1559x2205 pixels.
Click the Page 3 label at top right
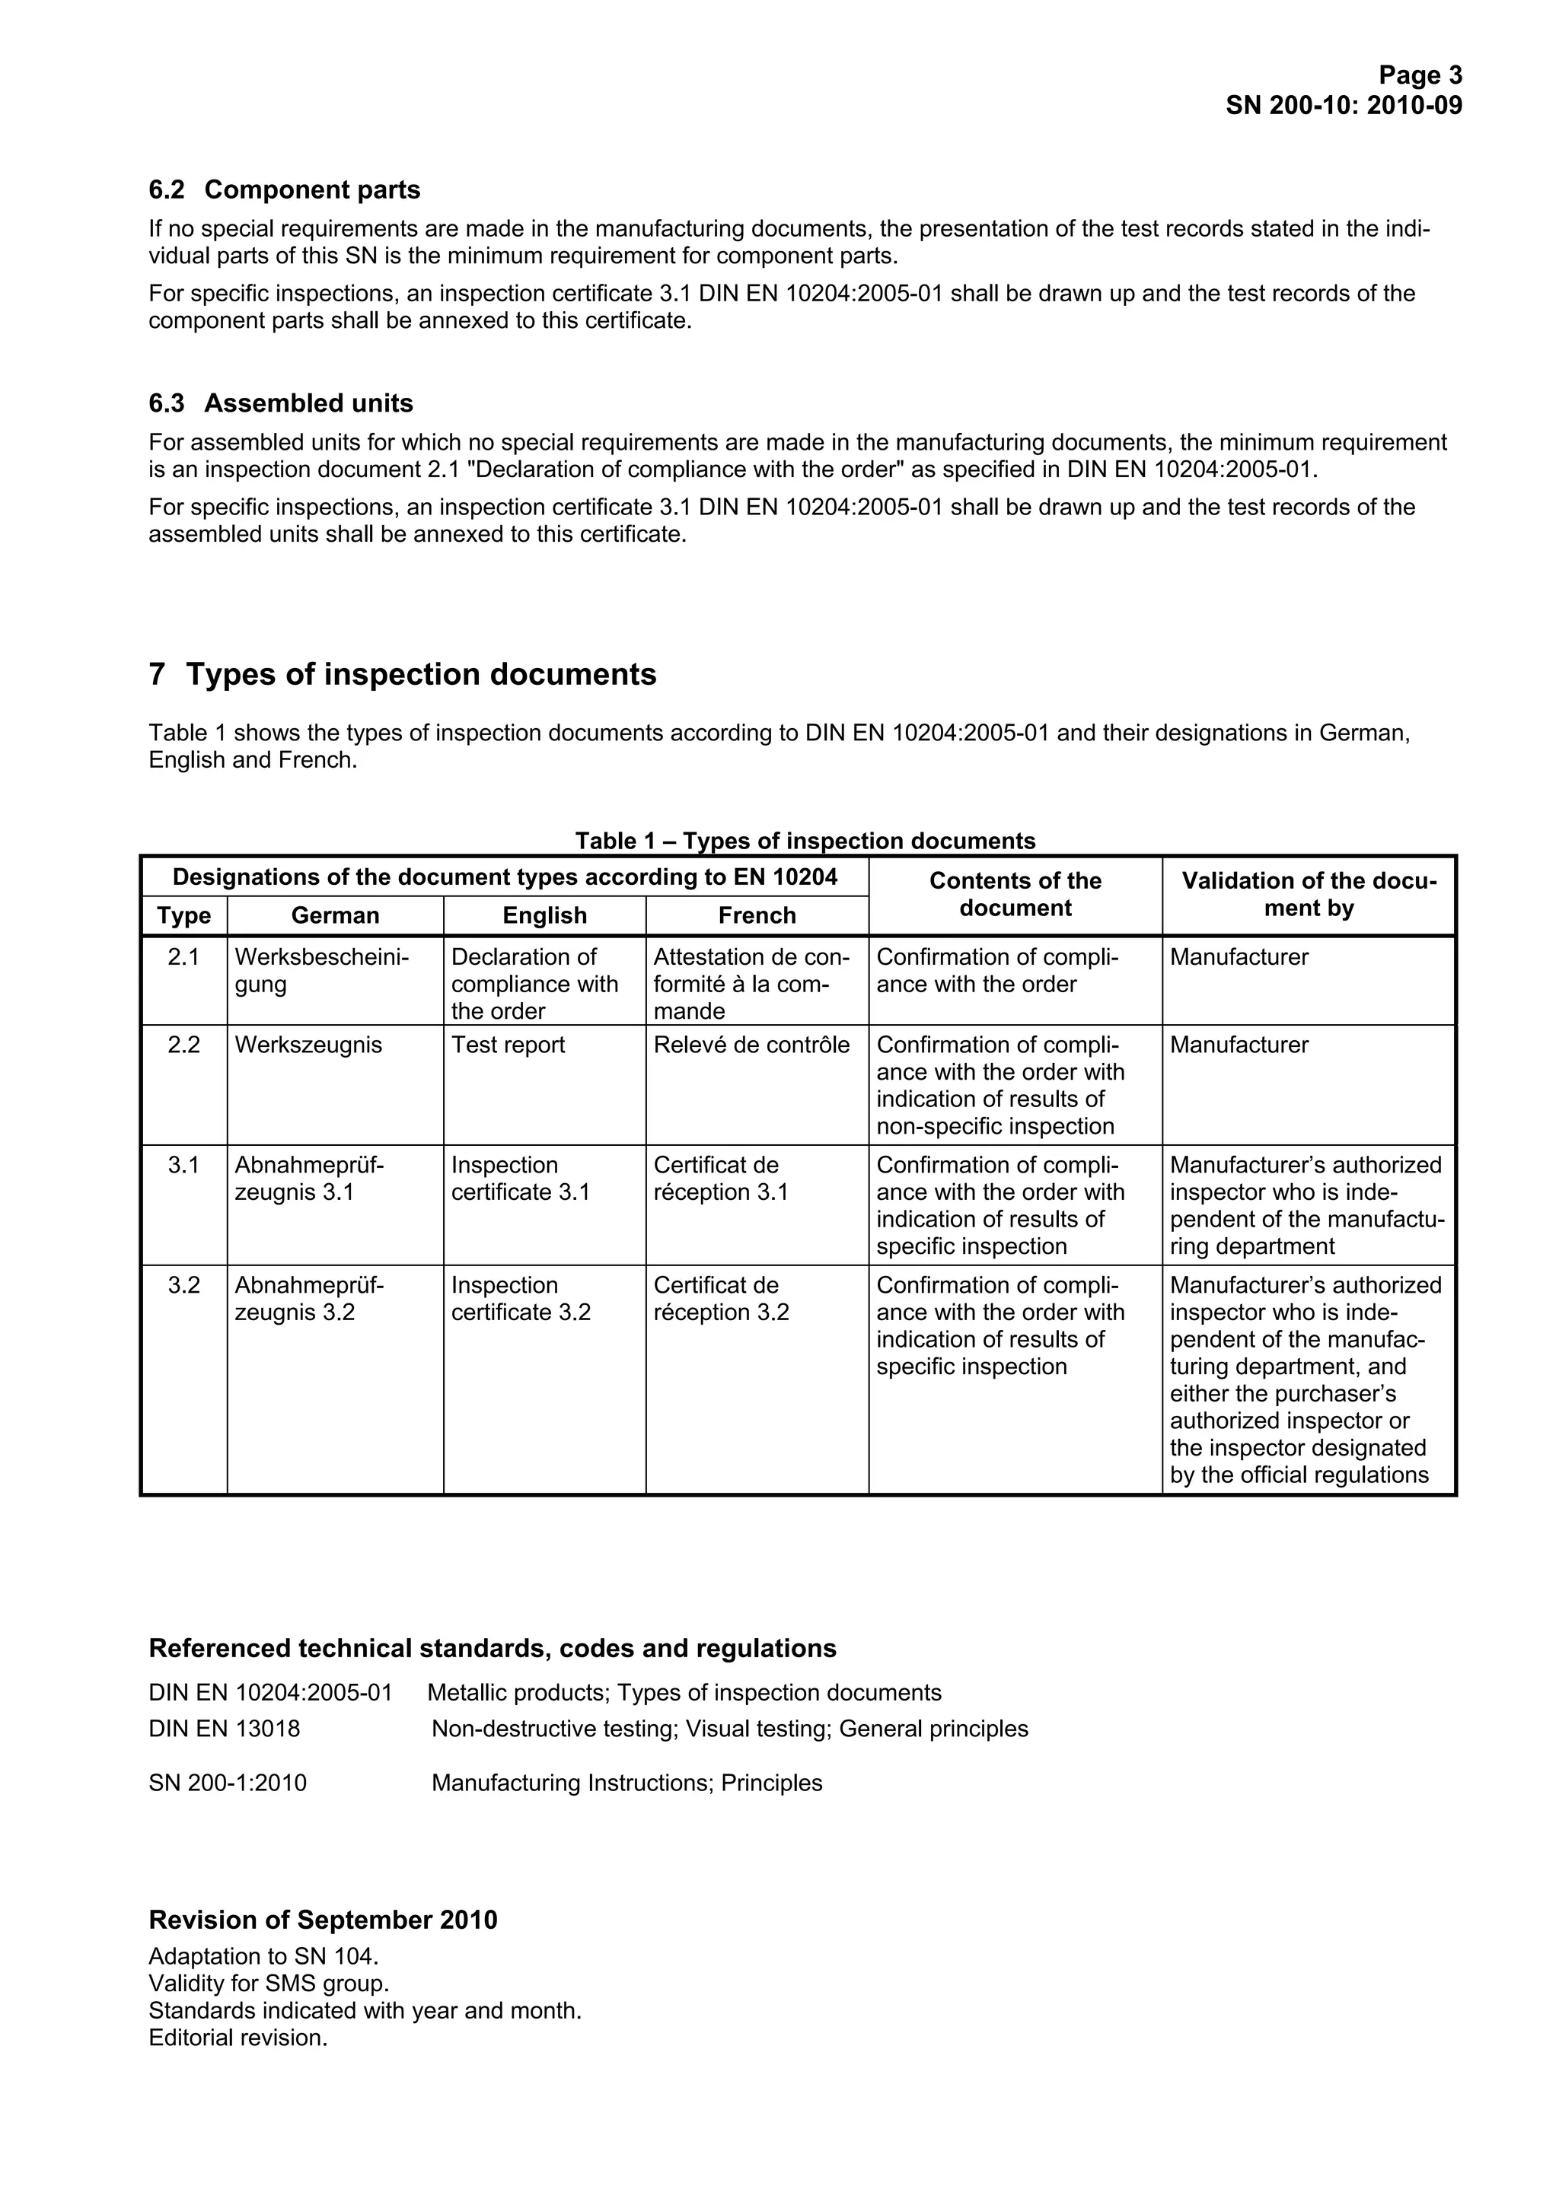pos(1420,75)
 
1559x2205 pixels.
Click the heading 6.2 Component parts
pos(285,190)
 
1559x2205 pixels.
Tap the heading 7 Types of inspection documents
pos(403,674)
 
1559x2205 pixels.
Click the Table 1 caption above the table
pos(805,842)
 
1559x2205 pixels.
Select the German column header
pos(335,916)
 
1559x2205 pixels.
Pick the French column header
pos(757,916)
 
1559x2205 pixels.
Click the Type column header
pos(183,916)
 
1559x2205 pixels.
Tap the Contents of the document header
pos(1015,895)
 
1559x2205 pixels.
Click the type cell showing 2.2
pos(183,1045)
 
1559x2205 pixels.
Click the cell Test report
pos(509,1045)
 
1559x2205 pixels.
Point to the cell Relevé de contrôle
pos(751,1045)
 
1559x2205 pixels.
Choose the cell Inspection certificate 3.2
pos(521,1300)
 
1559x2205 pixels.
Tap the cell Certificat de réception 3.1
pos(720,1179)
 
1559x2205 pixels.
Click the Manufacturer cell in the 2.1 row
pos(1239,957)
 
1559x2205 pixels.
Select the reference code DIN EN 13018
pos(224,1729)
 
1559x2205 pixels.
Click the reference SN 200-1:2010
pos(228,1783)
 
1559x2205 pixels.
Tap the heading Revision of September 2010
pos(323,1920)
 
